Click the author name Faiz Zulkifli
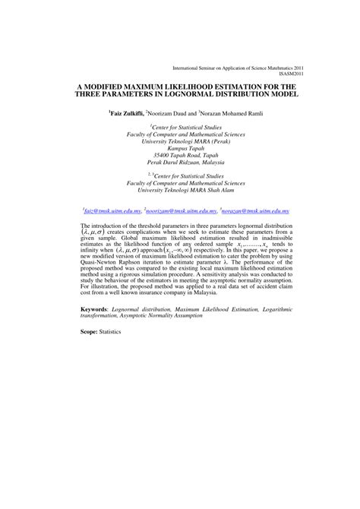coord(131,112)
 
